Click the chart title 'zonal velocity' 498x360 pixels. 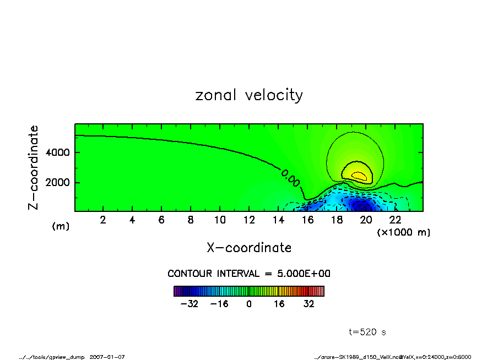pos(249,95)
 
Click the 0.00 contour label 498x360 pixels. pos(290,178)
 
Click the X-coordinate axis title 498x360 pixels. pos(249,248)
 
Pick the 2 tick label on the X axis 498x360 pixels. pos(103,220)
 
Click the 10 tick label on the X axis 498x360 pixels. pos(219,220)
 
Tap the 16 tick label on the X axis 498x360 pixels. pos(307,220)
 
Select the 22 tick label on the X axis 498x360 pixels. pos(394,220)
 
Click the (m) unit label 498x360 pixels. pos(61,226)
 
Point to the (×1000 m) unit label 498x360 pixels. pos(404,232)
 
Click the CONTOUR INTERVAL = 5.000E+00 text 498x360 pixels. pos(249,274)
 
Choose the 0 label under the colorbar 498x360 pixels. pos(249,304)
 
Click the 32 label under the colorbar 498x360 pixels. pos(307,304)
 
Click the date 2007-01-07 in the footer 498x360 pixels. pos(107,357)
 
